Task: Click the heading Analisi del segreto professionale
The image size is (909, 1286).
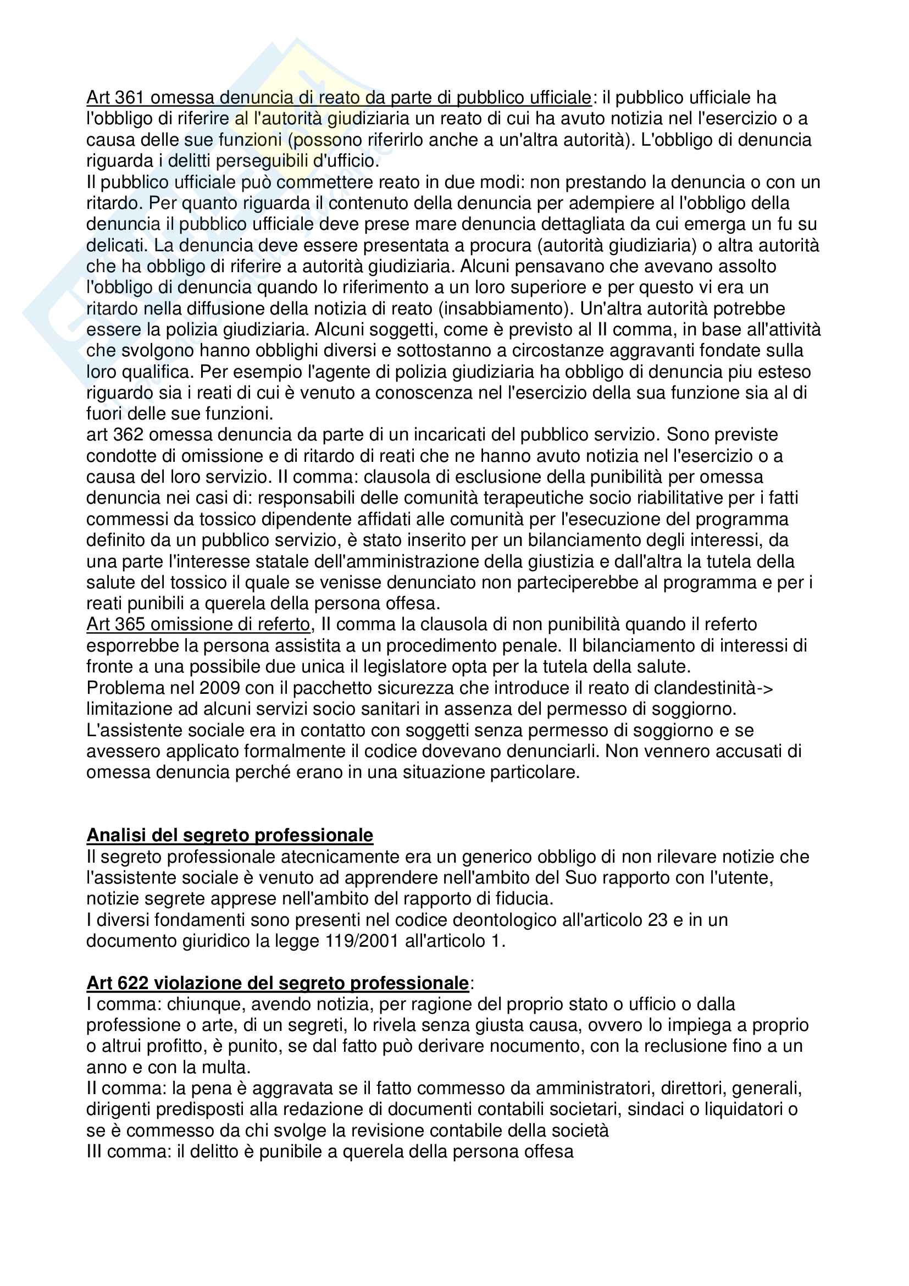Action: pos(230,835)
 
